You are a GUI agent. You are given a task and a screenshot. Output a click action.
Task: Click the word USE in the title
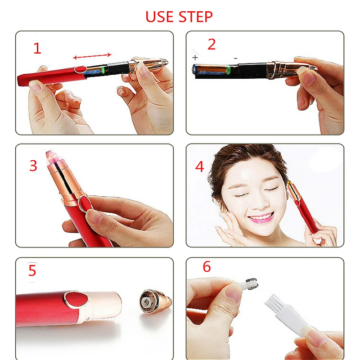pyautogui.click(x=159, y=17)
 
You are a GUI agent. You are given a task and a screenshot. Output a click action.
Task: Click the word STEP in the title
pyautogui.click(x=196, y=17)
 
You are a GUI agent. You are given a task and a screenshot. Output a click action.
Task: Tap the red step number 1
pyautogui.click(x=37, y=48)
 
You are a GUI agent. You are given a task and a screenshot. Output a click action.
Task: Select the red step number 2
pyautogui.click(x=211, y=44)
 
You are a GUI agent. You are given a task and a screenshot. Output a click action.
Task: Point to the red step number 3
pyautogui.click(x=33, y=166)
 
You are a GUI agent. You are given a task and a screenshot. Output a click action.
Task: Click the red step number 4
pyautogui.click(x=199, y=166)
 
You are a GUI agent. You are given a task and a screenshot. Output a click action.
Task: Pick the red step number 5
pyautogui.click(x=32, y=270)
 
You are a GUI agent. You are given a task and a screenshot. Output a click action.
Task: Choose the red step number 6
pyautogui.click(x=207, y=266)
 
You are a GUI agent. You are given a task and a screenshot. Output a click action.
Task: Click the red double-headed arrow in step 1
pyautogui.click(x=92, y=56)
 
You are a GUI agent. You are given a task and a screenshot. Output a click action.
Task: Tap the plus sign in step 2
pyautogui.click(x=195, y=58)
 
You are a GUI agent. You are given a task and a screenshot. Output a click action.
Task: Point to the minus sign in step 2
pyautogui.click(x=235, y=58)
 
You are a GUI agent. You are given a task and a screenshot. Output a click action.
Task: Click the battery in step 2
pyautogui.click(x=211, y=70)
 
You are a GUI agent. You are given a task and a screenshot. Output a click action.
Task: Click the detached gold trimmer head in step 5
pyautogui.click(x=155, y=301)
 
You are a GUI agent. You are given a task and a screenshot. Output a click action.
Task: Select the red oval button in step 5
pyautogui.click(x=76, y=299)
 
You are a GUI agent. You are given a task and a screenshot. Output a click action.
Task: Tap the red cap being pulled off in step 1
pyautogui.click(x=52, y=75)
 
